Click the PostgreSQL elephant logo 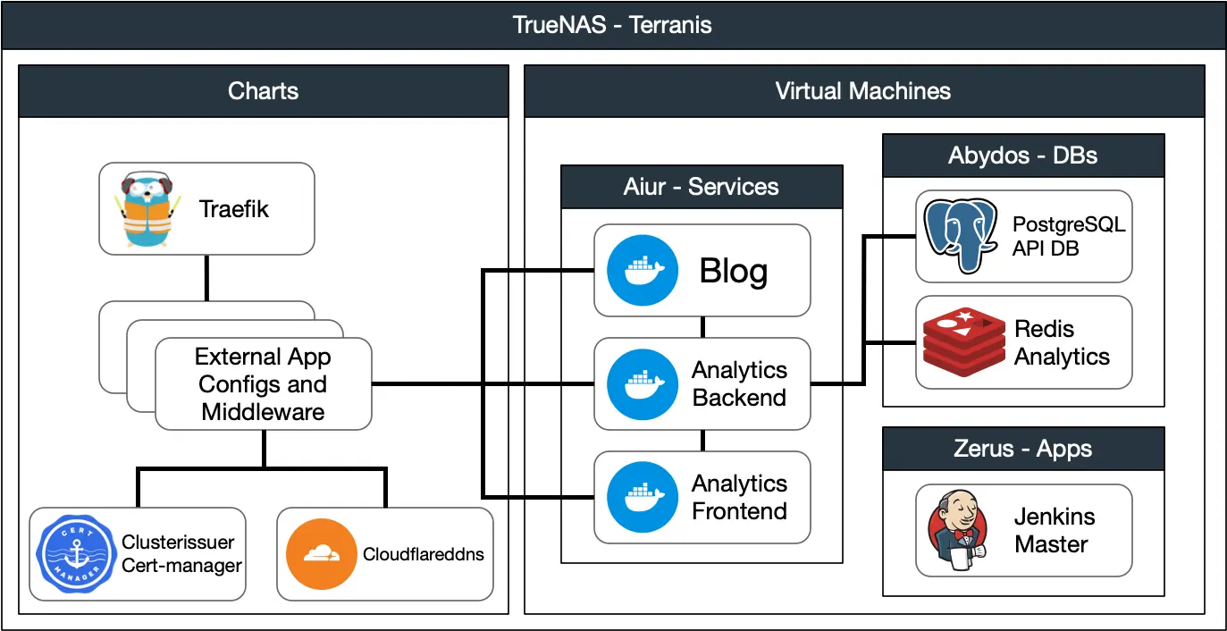click(960, 235)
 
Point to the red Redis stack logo click(961, 342)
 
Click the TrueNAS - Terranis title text click(613, 24)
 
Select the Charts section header click(264, 90)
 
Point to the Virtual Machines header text click(862, 90)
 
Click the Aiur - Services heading click(702, 187)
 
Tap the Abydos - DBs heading click(1022, 156)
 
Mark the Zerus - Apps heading click(1022, 449)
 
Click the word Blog click(733, 270)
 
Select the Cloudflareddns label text click(423, 554)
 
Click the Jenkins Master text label click(1054, 530)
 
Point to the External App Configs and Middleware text click(263, 384)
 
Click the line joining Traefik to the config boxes click(206, 278)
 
